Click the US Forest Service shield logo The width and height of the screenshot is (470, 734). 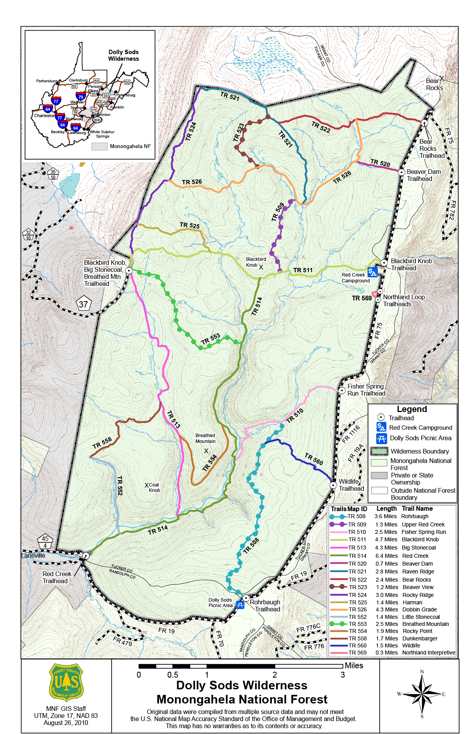click(x=66, y=682)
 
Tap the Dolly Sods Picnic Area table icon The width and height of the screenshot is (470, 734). click(x=240, y=605)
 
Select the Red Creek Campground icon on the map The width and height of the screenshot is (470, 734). click(x=372, y=272)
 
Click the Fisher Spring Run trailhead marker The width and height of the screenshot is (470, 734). click(x=342, y=391)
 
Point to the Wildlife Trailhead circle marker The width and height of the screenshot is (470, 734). click(x=333, y=485)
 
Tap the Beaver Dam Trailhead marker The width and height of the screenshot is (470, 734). click(x=401, y=172)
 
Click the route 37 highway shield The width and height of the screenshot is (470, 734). click(x=83, y=304)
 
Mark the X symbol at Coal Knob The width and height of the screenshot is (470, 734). click(x=146, y=485)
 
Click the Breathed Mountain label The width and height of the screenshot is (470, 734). click(x=205, y=438)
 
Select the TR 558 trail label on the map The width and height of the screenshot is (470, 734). click(x=102, y=443)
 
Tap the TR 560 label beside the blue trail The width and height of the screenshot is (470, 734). click(x=314, y=459)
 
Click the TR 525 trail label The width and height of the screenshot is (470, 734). click(x=190, y=225)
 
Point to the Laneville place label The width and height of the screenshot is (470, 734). click(x=33, y=555)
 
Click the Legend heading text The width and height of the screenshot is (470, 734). click(x=412, y=409)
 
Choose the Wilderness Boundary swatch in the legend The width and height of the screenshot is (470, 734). click(x=379, y=451)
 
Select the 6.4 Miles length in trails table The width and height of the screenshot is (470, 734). click(x=386, y=556)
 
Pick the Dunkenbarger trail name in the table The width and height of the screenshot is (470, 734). click(x=419, y=638)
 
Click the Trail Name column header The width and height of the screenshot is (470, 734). click(x=417, y=509)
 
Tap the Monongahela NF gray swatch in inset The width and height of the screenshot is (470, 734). click(x=99, y=146)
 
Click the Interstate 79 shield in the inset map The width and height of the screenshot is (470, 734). click(x=81, y=96)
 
